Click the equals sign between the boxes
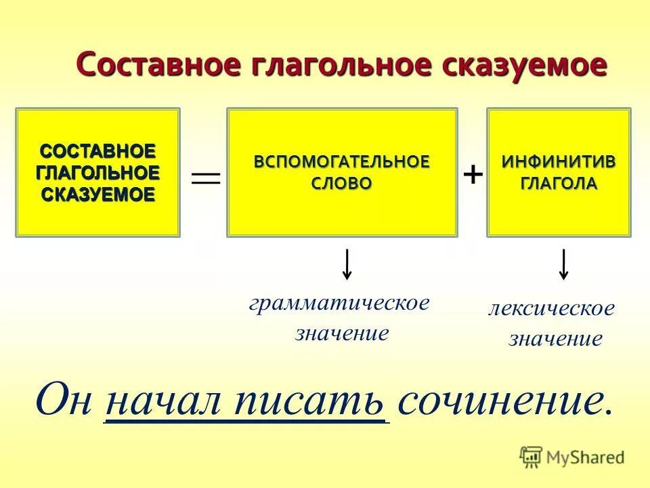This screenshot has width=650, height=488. click(x=206, y=178)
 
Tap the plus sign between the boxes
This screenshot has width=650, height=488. click(x=473, y=175)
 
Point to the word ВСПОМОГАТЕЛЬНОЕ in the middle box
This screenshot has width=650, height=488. click(x=342, y=163)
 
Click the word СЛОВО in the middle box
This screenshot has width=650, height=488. click(x=342, y=184)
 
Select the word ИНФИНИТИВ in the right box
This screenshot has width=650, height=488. click(x=559, y=163)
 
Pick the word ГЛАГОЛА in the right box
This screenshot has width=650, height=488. click(x=559, y=184)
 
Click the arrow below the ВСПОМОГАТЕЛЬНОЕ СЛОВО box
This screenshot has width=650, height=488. click(x=347, y=264)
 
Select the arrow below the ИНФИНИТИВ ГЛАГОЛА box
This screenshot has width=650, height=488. click(x=563, y=264)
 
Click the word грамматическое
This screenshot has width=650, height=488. click(x=339, y=302)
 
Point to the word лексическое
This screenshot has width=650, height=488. click(x=552, y=308)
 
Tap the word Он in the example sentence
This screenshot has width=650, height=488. click(x=64, y=400)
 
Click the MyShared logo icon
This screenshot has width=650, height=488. click(x=531, y=456)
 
